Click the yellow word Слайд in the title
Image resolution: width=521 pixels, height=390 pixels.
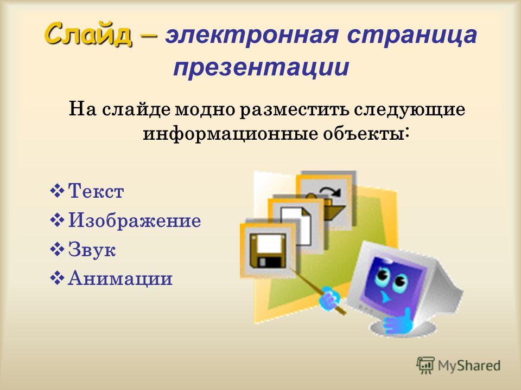(88, 34)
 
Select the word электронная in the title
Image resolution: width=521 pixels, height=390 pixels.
(252, 35)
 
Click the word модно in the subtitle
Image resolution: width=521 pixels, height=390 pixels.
(205, 109)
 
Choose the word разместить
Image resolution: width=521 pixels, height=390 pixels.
(294, 110)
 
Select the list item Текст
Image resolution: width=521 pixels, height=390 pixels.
(96, 191)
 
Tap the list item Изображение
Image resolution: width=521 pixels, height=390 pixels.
(135, 220)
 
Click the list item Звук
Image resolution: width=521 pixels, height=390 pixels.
(92, 249)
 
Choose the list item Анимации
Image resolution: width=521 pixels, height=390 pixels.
(120, 278)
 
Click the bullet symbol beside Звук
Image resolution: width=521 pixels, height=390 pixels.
(56, 250)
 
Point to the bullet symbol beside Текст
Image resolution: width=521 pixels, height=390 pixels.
(56, 191)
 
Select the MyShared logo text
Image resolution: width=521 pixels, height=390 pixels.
(469, 366)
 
